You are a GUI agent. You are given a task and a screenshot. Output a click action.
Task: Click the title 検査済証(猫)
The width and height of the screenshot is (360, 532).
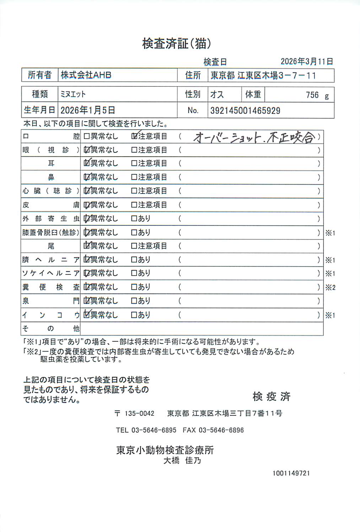click(177, 43)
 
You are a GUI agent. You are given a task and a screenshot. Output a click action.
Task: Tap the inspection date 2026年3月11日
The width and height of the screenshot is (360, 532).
click(307, 61)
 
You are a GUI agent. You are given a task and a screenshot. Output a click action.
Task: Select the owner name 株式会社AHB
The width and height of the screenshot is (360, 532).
click(86, 75)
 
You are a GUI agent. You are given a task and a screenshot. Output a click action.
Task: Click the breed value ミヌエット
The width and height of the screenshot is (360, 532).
click(73, 94)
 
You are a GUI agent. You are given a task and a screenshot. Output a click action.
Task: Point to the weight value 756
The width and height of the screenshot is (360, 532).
click(312, 95)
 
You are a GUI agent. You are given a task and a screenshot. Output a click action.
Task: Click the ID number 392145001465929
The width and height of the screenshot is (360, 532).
click(245, 110)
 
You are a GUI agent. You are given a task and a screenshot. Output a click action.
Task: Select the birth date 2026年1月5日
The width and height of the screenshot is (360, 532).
click(88, 110)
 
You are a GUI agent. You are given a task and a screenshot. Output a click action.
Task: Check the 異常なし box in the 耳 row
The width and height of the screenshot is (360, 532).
click(86, 163)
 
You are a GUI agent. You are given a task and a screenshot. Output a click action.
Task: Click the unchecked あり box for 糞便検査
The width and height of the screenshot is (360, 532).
click(134, 287)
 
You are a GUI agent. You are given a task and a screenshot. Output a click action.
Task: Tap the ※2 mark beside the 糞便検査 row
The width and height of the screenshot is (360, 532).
click(330, 288)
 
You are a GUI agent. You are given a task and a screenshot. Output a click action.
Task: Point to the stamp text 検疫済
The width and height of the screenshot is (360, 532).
click(272, 396)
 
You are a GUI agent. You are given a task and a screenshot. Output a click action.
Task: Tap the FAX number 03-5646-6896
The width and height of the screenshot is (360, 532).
click(221, 430)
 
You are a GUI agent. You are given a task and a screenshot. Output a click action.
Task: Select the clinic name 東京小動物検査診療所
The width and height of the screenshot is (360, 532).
click(165, 450)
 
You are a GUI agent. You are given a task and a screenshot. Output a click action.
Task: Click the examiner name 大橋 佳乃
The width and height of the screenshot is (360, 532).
click(182, 461)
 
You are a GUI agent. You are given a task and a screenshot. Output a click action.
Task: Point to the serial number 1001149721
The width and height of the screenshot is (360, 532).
click(291, 473)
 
